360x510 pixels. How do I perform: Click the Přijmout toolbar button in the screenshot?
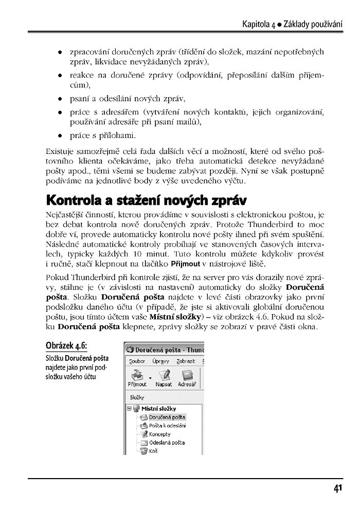coord(136,377)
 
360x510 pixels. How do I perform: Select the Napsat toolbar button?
coord(164,377)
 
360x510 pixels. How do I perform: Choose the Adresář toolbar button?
coord(186,377)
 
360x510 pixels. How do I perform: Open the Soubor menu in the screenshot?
coord(137,361)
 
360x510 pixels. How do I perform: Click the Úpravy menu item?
coord(160,361)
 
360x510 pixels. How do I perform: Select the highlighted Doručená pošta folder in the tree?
coord(167,417)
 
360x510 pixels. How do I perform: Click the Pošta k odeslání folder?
coord(167,426)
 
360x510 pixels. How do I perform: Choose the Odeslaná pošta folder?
coord(167,443)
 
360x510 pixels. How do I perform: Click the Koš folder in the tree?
coord(153,451)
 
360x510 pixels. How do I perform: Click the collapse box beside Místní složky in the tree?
coord(130,409)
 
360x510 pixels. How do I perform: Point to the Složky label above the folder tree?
coord(137,397)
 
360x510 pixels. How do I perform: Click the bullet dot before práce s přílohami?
coord(61,136)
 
